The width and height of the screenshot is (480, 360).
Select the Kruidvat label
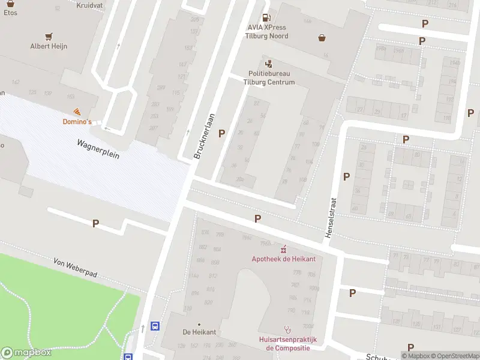[90, 4]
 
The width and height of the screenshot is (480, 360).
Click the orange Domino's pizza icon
[77, 112]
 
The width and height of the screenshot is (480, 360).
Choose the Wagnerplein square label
[98, 149]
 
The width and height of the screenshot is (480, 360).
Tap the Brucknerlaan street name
[204, 137]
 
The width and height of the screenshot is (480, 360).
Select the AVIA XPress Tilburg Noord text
[268, 32]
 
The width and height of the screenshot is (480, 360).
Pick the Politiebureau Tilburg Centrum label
[272, 78]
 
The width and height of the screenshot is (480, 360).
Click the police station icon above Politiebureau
[268, 63]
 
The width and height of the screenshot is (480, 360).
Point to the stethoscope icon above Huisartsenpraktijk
[287, 329]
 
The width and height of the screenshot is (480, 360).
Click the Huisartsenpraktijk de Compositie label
[288, 344]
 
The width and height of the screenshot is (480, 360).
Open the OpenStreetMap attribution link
[454, 356]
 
